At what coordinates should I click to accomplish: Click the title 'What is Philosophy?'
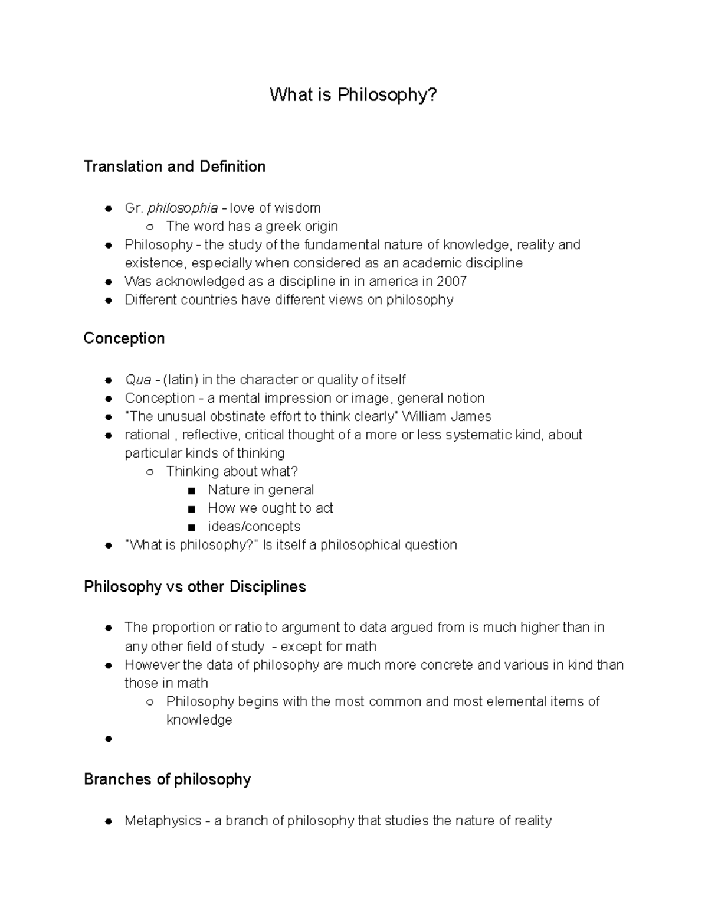(x=353, y=94)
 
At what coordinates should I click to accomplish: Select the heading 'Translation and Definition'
(x=175, y=167)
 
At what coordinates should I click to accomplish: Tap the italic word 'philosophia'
(x=182, y=208)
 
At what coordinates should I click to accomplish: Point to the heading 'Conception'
(x=124, y=338)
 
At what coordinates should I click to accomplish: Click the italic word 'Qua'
(x=138, y=380)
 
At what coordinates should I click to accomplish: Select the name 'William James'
(x=446, y=416)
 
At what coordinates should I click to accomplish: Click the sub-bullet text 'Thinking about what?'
(x=232, y=471)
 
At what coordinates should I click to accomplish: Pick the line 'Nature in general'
(x=261, y=489)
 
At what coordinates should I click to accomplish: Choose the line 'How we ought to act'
(x=270, y=508)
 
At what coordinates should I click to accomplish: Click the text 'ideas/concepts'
(x=254, y=526)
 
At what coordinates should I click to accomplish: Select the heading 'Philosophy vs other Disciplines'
(x=195, y=586)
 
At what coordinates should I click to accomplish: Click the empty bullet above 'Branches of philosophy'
(x=108, y=739)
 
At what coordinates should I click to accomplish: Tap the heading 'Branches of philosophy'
(x=167, y=779)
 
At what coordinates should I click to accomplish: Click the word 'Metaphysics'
(x=163, y=821)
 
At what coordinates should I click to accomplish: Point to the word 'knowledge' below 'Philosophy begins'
(x=199, y=720)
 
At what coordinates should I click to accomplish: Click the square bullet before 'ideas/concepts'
(x=191, y=527)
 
